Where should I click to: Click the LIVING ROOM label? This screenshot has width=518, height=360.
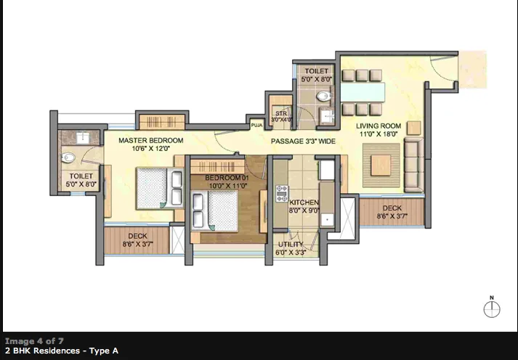click(x=379, y=126)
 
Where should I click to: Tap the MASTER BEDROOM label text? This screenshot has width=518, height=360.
click(x=151, y=140)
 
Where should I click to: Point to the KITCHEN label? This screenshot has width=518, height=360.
click(x=304, y=201)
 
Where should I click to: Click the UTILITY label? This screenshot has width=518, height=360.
click(x=290, y=245)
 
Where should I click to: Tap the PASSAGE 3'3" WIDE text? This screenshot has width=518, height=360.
click(x=303, y=141)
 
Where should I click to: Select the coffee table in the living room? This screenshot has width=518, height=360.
click(x=381, y=165)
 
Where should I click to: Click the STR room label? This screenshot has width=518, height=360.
click(x=279, y=114)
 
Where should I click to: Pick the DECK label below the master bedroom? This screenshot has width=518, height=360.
click(x=137, y=236)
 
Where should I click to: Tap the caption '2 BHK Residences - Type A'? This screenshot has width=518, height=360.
click(x=61, y=351)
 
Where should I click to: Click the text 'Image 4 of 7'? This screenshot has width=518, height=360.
click(x=33, y=340)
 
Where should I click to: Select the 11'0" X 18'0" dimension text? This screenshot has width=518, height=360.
click(x=379, y=134)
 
